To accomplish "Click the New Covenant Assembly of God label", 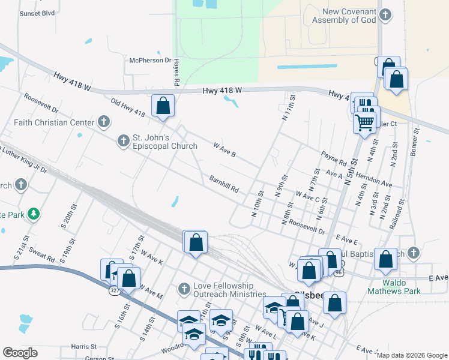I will click(x=349, y=16).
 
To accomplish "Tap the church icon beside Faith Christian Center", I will click(x=104, y=122).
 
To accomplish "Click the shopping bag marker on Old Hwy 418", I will click(x=163, y=106).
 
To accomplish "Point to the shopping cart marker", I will click(x=365, y=123).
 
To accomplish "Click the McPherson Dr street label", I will click(x=151, y=61).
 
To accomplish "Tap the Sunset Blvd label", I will click(x=37, y=13).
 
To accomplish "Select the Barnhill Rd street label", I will click(x=224, y=184).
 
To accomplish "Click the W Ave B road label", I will click(x=224, y=149).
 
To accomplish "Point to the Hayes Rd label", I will click(x=176, y=74).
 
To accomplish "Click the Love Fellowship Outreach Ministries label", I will click(x=229, y=290).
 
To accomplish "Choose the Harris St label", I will click(x=83, y=347).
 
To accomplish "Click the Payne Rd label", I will click(x=334, y=159).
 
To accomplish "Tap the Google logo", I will click(x=20, y=353).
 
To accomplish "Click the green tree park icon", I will click(x=35, y=213).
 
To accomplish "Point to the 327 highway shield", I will click(x=115, y=290).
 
